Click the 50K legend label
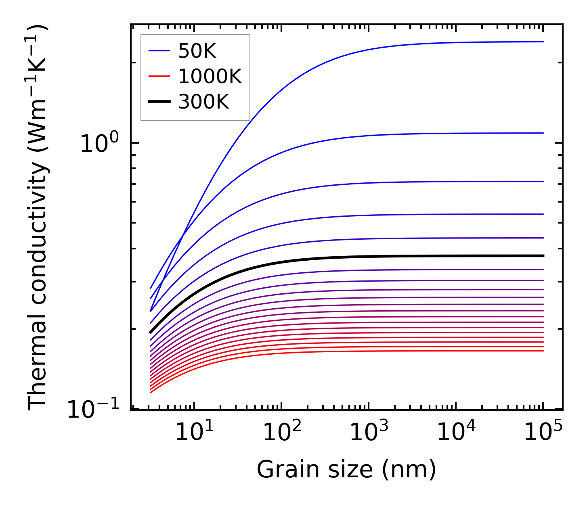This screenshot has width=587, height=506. pyautogui.click(x=197, y=51)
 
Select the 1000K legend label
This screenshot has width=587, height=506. pyautogui.click(x=210, y=76)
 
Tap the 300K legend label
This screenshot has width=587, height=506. pyautogui.click(x=203, y=102)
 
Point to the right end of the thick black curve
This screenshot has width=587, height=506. pyautogui.click(x=543, y=256)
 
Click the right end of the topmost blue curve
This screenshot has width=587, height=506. pyautogui.click(x=543, y=42)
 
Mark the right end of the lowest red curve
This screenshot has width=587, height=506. pyautogui.click(x=543, y=351)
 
